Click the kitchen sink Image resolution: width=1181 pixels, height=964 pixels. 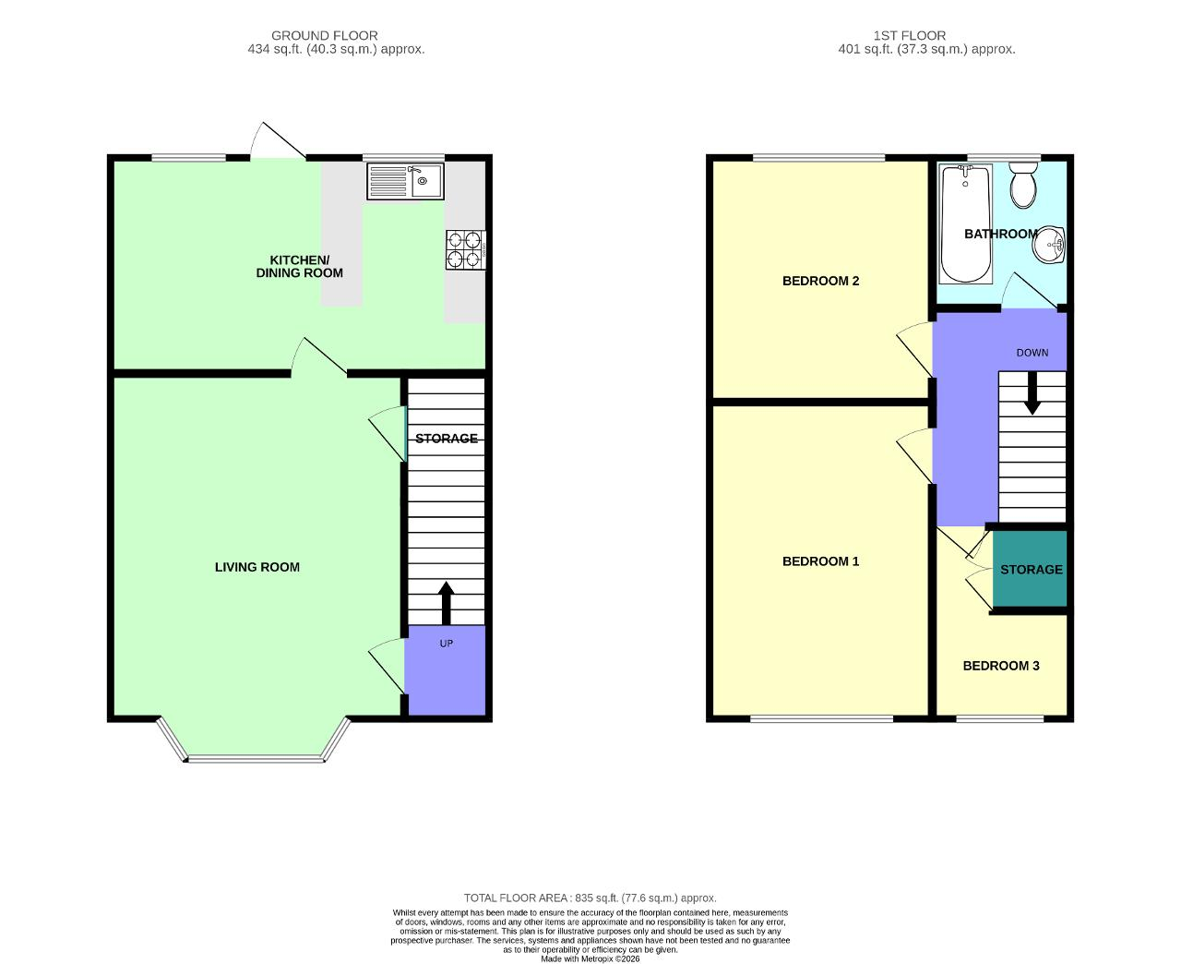coord(405,181)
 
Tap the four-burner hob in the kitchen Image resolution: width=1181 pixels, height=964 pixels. coord(465,250)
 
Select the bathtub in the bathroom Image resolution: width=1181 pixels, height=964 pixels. coord(965,223)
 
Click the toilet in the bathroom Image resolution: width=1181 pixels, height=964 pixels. coord(1023,185)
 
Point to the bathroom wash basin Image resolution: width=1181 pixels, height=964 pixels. coord(1048,245)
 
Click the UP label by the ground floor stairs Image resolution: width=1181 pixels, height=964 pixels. coord(446,644)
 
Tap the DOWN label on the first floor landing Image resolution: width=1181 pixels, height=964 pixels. coord(1032,353)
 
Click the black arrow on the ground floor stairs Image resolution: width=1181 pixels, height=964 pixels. coord(446,603)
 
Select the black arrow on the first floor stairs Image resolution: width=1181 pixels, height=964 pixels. coord(1032,392)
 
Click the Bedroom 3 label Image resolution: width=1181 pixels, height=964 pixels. coord(1001,666)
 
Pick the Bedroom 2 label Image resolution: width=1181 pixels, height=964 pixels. coord(820,281)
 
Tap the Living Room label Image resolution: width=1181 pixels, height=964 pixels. coord(257,567)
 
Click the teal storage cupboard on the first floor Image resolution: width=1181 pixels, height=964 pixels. coord(1030,569)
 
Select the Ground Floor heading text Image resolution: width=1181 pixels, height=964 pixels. coord(324,35)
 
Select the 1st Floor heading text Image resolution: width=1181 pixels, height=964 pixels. coord(910,35)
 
